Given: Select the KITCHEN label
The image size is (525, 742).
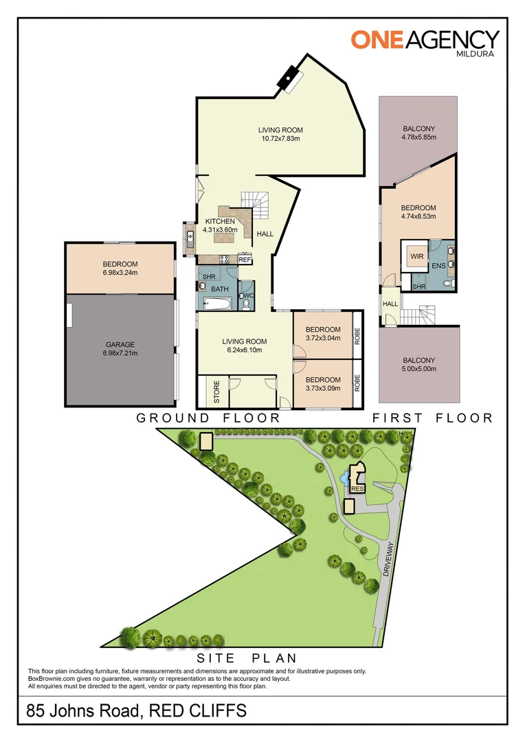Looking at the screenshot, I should click(x=220, y=221).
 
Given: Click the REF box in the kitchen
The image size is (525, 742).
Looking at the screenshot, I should click(x=244, y=260).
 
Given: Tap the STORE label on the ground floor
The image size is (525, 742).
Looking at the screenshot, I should click(x=216, y=396).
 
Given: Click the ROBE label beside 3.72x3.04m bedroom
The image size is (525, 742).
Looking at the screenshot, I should click(x=357, y=335).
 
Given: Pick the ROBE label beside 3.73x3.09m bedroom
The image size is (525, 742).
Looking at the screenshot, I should click(x=357, y=383).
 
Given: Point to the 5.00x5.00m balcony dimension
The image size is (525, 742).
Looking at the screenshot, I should click(x=418, y=369).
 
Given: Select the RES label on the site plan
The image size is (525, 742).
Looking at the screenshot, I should click(x=357, y=489).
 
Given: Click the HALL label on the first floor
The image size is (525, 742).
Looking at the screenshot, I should click(x=390, y=303).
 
